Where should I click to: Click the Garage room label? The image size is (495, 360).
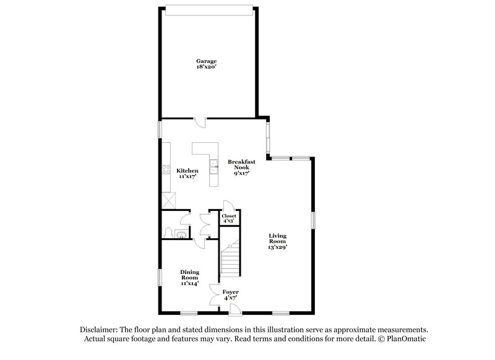[x=206, y=61]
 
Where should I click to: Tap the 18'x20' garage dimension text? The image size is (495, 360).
[x=206, y=67]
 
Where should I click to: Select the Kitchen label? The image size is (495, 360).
[x=187, y=171]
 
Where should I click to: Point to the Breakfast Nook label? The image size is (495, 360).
[x=238, y=165]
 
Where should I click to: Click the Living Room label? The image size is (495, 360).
[x=277, y=238]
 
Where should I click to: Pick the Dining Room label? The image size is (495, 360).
[x=189, y=275]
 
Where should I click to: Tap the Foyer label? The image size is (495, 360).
[x=230, y=292]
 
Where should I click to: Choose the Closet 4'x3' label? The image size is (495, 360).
[x=229, y=218]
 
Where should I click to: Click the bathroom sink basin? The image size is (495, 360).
[x=179, y=233]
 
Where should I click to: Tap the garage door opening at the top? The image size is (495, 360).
[x=209, y=8]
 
